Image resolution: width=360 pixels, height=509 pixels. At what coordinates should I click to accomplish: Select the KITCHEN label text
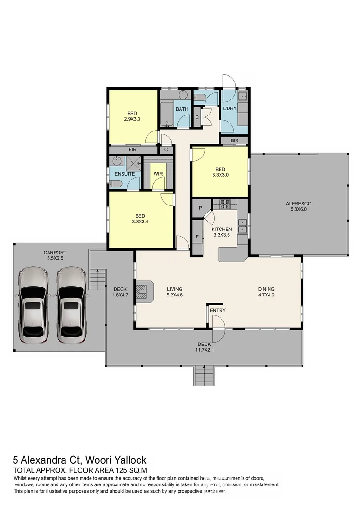tap(221, 229)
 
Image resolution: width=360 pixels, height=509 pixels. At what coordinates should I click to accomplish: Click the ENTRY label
tap(218, 310)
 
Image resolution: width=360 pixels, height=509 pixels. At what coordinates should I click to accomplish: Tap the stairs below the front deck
tap(204, 376)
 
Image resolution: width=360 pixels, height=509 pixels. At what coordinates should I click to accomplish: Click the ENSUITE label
tap(125, 174)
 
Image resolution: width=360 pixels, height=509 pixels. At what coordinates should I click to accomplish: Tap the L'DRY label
tap(229, 109)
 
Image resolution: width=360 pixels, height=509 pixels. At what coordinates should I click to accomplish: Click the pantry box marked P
tap(200, 208)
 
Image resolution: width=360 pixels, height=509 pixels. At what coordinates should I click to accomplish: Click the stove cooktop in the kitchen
tap(224, 204)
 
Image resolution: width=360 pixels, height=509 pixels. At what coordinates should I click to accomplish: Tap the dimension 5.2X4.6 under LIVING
tap(174, 296)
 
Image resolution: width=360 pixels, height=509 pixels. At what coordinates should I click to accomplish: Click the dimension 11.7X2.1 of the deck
tap(204, 350)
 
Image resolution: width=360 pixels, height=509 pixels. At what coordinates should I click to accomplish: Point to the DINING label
tap(266, 289)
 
